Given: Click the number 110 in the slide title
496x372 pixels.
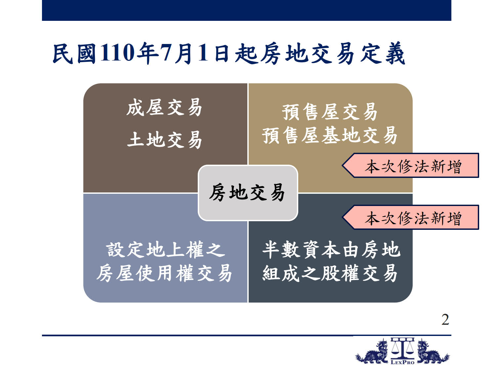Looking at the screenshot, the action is (x=117, y=53).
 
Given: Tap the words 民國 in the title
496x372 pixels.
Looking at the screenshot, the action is (x=74, y=54).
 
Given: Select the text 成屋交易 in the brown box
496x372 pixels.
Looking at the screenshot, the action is (x=164, y=107).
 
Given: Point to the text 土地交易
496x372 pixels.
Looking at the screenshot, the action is (x=164, y=140).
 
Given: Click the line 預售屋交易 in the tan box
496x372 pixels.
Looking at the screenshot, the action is (x=330, y=112).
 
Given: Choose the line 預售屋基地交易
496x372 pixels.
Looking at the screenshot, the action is (x=330, y=135).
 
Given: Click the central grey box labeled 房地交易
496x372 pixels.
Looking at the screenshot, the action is (x=248, y=193).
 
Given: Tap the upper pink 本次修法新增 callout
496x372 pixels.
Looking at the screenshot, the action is (x=410, y=165).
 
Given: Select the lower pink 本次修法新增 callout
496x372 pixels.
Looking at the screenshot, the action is (x=410, y=217).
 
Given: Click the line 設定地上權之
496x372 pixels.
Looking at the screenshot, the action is (x=166, y=249).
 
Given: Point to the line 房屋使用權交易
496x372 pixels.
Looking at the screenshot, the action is (x=164, y=273).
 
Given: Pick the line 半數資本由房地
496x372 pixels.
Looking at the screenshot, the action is (x=331, y=249).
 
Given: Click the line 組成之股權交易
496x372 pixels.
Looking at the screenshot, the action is (x=330, y=273).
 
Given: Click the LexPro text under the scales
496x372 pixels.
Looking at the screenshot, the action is (x=402, y=362).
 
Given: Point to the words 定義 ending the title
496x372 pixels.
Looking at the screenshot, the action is (x=382, y=54).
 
